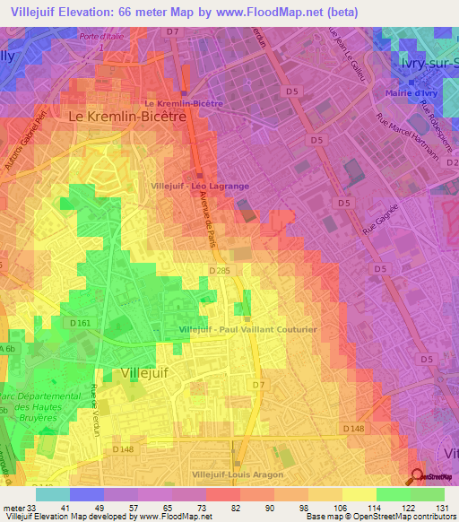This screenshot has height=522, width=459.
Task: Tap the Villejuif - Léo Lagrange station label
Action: pos(201,186)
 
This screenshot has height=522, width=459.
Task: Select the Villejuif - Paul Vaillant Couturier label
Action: pos(247,330)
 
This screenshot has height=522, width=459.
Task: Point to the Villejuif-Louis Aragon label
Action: pos(238,474)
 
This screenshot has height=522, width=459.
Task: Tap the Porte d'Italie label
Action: pos(100,36)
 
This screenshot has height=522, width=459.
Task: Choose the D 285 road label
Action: pos(221,270)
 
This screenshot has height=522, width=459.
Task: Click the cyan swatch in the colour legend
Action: pos(53,494)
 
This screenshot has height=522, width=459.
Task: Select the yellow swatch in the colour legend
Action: pos(359,494)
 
